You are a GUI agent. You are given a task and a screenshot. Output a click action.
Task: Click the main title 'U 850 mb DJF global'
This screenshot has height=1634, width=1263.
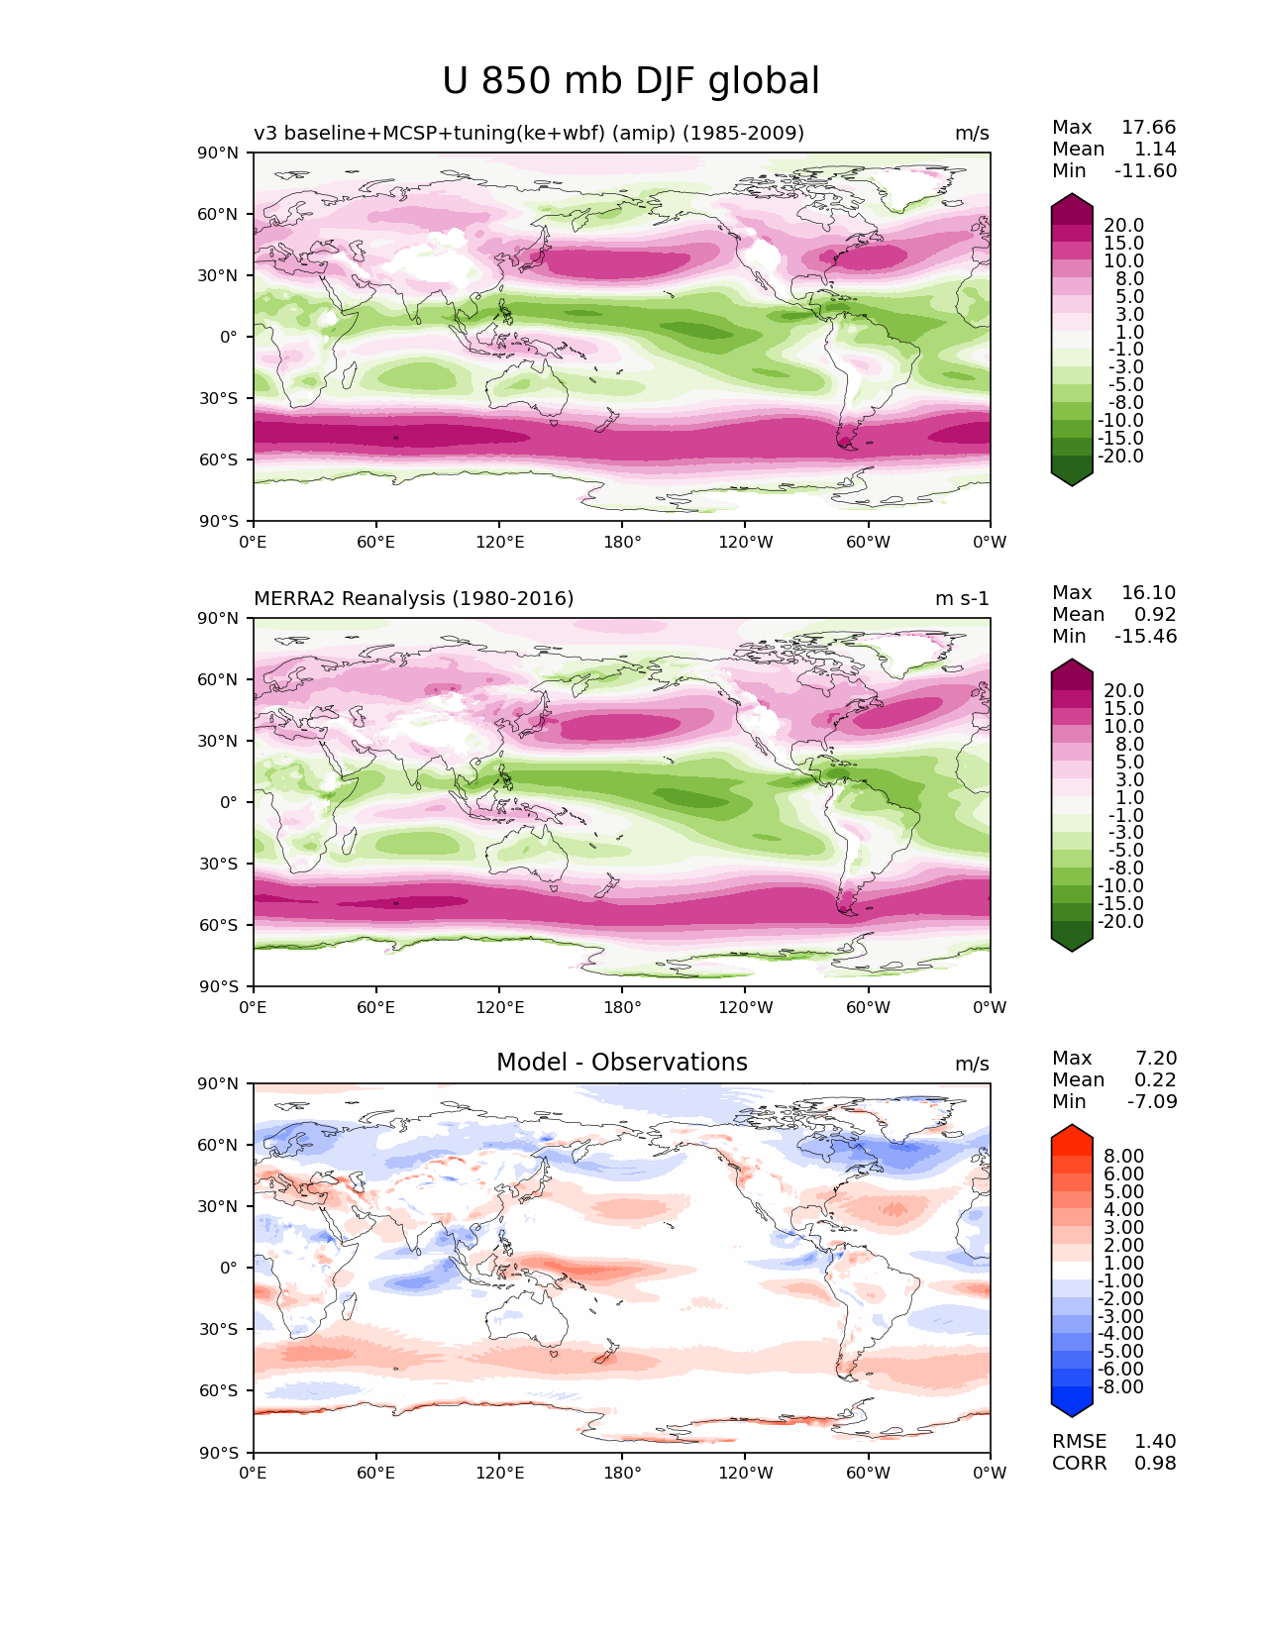[631, 81]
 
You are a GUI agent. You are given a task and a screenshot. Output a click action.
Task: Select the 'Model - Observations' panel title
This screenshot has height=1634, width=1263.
[621, 1063]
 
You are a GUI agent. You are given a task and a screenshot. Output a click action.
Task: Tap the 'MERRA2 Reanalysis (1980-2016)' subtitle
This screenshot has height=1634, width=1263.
[413, 598]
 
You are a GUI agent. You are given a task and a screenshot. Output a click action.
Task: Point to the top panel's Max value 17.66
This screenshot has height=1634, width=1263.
[1148, 127]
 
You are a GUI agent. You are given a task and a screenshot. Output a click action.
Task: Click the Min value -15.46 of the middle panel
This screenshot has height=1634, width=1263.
[1145, 636]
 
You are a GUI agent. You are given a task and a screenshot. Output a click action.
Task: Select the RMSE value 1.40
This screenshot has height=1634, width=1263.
[1155, 1441]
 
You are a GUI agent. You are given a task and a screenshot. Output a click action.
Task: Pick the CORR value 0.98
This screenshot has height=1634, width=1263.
[1155, 1463]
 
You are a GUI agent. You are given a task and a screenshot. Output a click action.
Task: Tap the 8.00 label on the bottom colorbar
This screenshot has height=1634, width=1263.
[1123, 1156]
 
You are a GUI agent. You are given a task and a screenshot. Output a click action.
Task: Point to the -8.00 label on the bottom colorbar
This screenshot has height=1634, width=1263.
[1120, 1386]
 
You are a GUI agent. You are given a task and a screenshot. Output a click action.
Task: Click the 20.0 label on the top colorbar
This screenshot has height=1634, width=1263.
[1123, 225]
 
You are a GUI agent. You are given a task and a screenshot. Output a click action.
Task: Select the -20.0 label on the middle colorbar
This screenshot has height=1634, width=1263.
[1120, 921]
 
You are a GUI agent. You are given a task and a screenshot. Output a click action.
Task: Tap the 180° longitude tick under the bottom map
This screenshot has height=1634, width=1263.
[622, 1473]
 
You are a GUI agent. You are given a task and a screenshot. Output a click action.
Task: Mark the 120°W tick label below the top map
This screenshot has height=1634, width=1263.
[745, 542]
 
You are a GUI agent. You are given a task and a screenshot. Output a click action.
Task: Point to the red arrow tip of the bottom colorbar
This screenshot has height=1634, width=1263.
[1072, 1131]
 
